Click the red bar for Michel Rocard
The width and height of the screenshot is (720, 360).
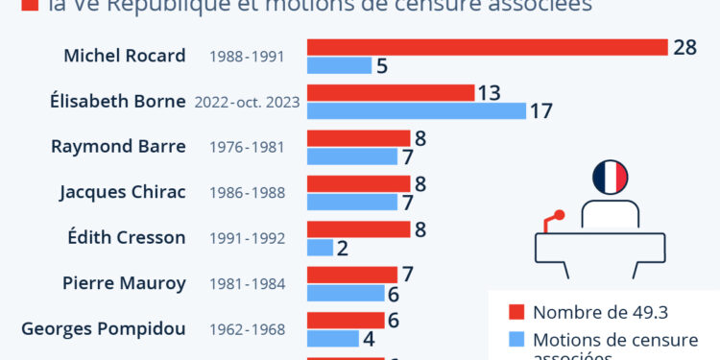(487, 47)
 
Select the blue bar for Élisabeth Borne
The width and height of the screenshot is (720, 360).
(417, 110)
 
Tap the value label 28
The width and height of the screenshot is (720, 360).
(684, 47)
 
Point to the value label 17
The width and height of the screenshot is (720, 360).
(540, 110)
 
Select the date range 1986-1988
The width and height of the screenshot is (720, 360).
(247, 193)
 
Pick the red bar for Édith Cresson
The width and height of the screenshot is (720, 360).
(358, 229)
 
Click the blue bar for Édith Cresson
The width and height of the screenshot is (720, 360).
(320, 248)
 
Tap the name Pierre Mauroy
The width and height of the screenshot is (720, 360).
(124, 284)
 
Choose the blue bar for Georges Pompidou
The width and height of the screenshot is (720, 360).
(332, 339)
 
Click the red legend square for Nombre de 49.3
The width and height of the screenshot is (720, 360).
(516, 311)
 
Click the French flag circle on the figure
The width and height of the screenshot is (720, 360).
(610, 176)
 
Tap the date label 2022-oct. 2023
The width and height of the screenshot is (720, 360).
(247, 102)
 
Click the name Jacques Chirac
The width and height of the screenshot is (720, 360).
(122, 192)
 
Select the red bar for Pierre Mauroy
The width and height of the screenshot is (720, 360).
(351, 276)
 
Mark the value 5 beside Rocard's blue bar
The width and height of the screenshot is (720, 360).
(381, 65)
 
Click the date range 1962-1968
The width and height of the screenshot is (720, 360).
(247, 330)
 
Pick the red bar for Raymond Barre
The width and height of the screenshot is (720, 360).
(358, 138)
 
